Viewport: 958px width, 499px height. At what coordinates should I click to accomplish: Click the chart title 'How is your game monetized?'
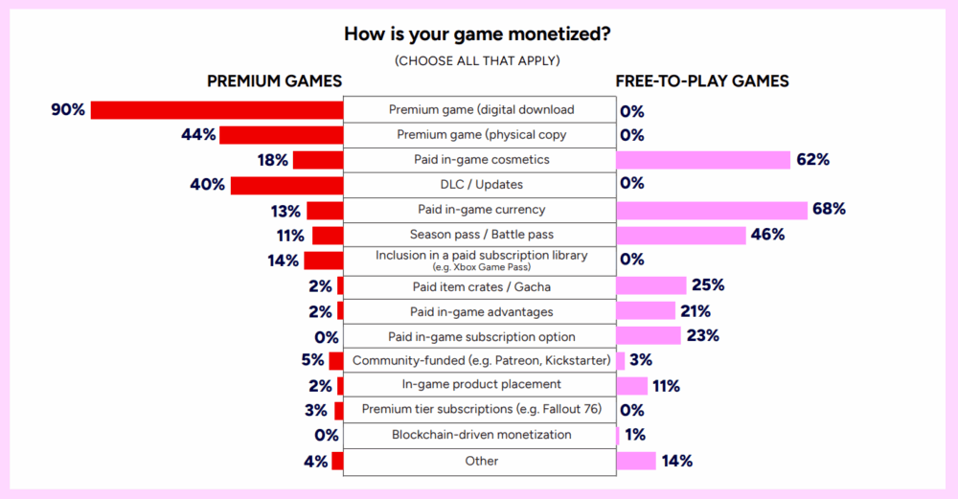click(x=478, y=34)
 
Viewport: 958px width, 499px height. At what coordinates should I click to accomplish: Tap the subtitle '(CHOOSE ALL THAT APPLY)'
click(x=478, y=60)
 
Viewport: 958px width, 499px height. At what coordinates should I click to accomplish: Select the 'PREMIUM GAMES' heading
click(x=274, y=81)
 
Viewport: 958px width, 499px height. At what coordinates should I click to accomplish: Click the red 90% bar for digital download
click(x=217, y=110)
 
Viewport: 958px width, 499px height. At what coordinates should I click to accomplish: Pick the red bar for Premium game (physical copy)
click(x=282, y=135)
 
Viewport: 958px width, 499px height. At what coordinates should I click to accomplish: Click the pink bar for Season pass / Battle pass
click(x=681, y=235)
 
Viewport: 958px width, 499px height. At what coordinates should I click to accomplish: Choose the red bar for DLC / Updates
click(x=286, y=185)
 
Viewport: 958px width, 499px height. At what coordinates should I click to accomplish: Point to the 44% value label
click(x=198, y=135)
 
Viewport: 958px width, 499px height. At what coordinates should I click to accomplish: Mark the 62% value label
click(x=812, y=160)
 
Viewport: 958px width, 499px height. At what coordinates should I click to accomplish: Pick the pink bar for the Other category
click(x=636, y=461)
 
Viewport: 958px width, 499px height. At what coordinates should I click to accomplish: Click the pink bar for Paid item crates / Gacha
click(x=652, y=285)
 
